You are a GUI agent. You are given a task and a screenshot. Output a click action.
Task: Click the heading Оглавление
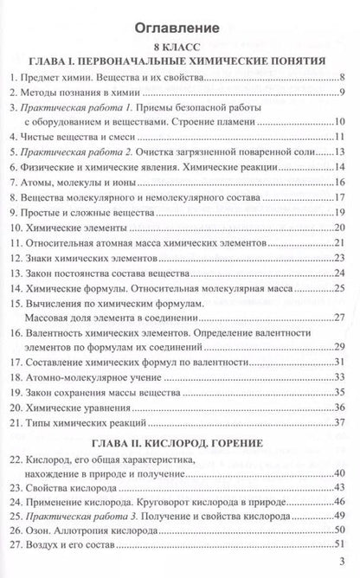[178, 23]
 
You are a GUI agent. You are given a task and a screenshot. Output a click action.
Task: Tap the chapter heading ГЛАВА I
[178, 61]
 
